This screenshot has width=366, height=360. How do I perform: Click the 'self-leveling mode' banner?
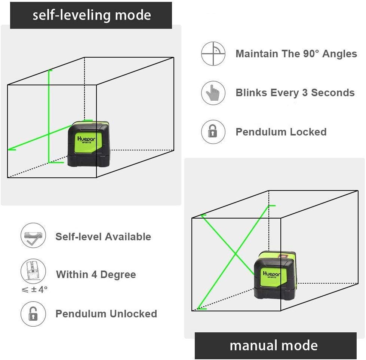[91, 15]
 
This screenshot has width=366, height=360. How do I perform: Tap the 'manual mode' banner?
[274, 345]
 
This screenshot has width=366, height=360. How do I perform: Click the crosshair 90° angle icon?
[213, 54]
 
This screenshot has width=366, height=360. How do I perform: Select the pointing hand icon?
[213, 93]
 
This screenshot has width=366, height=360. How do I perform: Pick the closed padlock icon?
[213, 132]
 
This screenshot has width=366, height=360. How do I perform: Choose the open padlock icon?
[33, 314]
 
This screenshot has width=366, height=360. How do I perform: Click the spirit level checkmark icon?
[33, 236]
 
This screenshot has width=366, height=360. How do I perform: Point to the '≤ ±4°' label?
[35, 289]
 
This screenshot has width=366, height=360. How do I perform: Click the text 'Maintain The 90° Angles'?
[296, 54]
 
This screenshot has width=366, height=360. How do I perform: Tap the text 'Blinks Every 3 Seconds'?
[295, 93]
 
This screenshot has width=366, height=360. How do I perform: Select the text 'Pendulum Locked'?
[281, 132]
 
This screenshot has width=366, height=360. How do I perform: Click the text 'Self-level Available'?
[103, 237]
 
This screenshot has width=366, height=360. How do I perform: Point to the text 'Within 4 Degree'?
[96, 275]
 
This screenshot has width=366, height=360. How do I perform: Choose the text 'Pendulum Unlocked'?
[106, 314]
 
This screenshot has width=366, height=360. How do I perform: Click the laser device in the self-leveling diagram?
[88, 144]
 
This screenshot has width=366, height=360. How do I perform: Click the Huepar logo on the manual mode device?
[271, 274]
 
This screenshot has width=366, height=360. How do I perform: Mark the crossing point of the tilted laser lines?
[235, 255]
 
